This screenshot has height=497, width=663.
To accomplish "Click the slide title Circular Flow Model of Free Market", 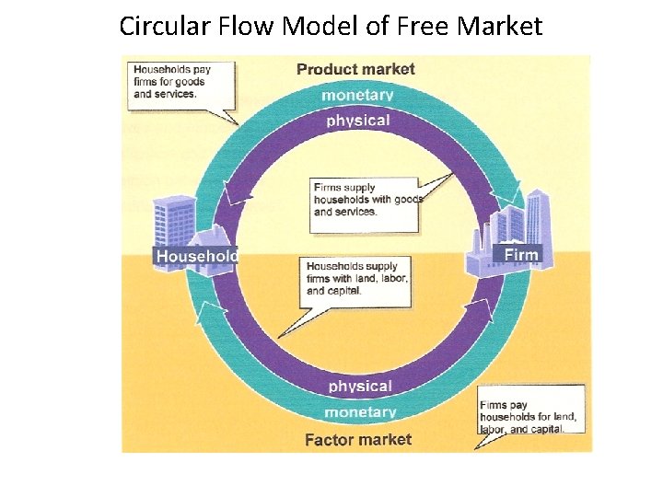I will (x=331, y=26).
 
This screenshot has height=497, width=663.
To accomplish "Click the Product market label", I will (x=355, y=69).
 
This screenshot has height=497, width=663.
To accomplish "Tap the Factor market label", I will (x=358, y=439).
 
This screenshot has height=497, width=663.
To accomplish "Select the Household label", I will (x=196, y=256).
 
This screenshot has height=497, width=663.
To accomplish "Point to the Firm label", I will (x=521, y=253).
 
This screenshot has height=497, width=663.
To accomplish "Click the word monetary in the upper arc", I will (x=357, y=95).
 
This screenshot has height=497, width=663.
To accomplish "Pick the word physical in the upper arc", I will (x=357, y=120).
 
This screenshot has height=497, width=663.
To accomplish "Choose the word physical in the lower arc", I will (x=360, y=387).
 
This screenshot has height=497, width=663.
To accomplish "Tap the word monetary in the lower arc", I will (x=360, y=412).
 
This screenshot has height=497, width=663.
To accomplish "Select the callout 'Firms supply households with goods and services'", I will (x=366, y=200).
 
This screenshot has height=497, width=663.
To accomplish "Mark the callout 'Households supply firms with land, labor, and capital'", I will (x=357, y=277).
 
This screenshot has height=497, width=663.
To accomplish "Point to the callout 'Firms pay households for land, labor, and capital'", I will (x=529, y=416).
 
